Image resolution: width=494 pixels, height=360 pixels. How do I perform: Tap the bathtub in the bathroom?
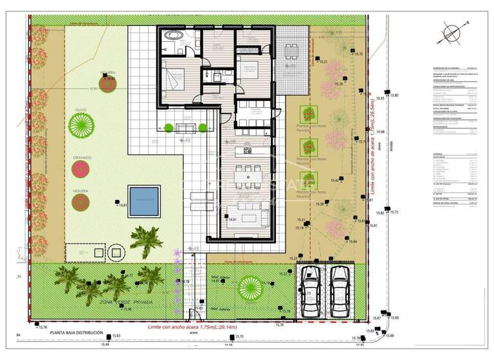click(174, 35)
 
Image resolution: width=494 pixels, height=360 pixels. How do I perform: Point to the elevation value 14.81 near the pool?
click(123, 205)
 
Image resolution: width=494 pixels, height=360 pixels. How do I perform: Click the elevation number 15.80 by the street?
click(394, 95)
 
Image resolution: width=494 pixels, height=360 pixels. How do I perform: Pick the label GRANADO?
click(82, 157)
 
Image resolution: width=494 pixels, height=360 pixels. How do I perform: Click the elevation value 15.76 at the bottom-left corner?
click(44, 328)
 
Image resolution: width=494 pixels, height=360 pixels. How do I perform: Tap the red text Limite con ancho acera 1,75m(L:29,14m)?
click(192, 327)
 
